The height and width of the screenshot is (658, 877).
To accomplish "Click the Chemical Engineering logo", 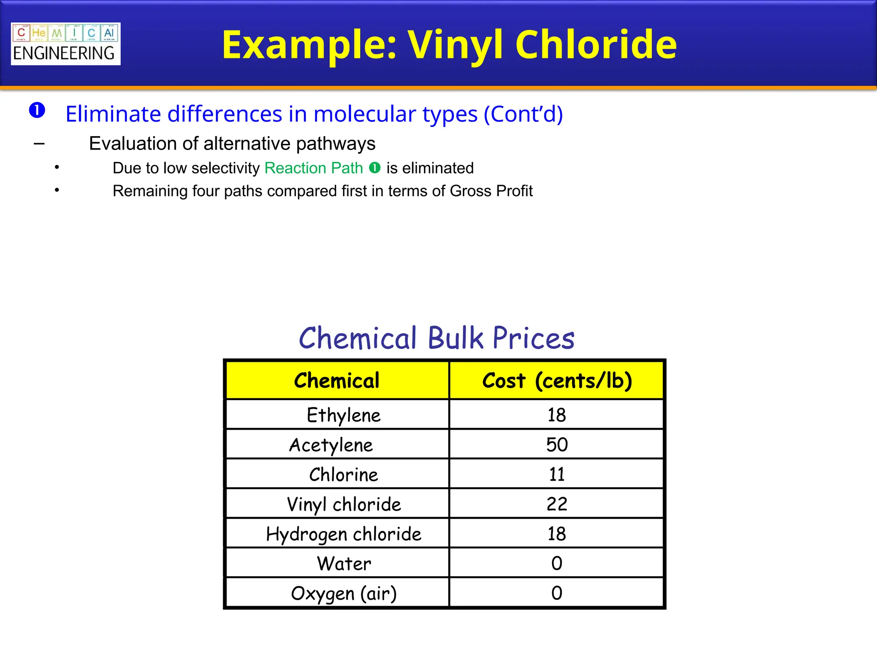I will [x=66, y=44].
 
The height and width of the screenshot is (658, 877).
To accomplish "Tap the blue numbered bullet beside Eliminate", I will [x=37, y=111].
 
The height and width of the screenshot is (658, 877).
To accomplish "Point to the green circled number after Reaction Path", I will [x=375, y=168].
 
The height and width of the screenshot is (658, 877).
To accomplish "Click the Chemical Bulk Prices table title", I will [x=436, y=338].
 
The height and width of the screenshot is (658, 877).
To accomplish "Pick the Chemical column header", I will [x=337, y=380].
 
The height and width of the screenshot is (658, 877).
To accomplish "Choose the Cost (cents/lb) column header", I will [x=557, y=380].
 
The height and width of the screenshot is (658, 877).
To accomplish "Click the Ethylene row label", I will [x=343, y=415].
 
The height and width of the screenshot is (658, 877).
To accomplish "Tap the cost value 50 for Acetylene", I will [x=557, y=445].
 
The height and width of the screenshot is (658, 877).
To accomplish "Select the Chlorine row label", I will [x=343, y=475].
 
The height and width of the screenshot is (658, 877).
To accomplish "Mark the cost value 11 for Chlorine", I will [x=557, y=475].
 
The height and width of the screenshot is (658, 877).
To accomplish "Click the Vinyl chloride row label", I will [x=343, y=504].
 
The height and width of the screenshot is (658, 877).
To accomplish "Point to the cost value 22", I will [x=557, y=504].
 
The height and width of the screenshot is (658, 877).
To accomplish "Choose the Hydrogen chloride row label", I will [x=343, y=534].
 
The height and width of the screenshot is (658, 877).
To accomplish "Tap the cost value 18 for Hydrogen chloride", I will [x=557, y=534].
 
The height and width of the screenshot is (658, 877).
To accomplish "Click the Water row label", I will [x=343, y=564].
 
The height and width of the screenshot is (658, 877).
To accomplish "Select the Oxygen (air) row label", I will [x=343, y=593].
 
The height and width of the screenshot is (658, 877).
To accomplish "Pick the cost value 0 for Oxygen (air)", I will [x=557, y=593].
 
